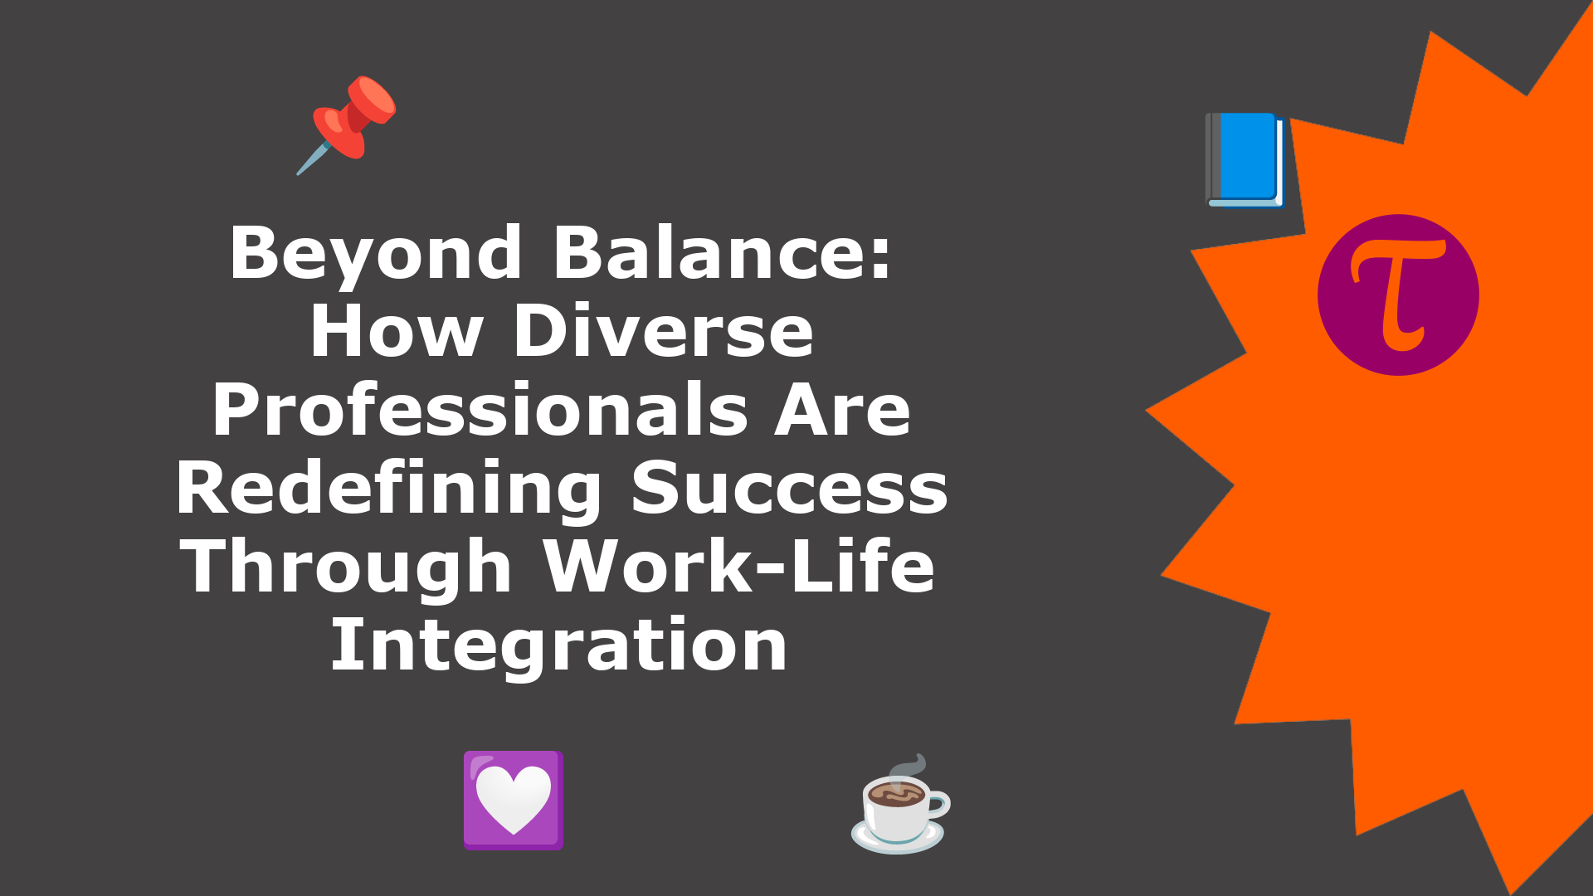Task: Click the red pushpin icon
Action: click(x=347, y=124)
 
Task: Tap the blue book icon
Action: click(x=1245, y=159)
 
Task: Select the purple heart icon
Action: click(x=514, y=801)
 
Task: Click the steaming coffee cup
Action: click(x=901, y=804)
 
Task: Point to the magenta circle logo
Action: click(x=1398, y=295)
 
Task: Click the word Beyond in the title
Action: click(x=376, y=254)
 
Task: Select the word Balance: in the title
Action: click(x=722, y=252)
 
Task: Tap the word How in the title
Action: click(x=397, y=331)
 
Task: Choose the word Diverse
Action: click(x=664, y=331)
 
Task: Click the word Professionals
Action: click(x=480, y=410)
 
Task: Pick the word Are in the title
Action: click(x=842, y=411)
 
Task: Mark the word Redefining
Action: click(x=388, y=489)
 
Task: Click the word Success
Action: click(x=789, y=489)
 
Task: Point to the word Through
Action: click(x=347, y=568)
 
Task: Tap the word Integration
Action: click(x=559, y=647)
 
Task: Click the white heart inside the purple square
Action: click(x=514, y=799)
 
